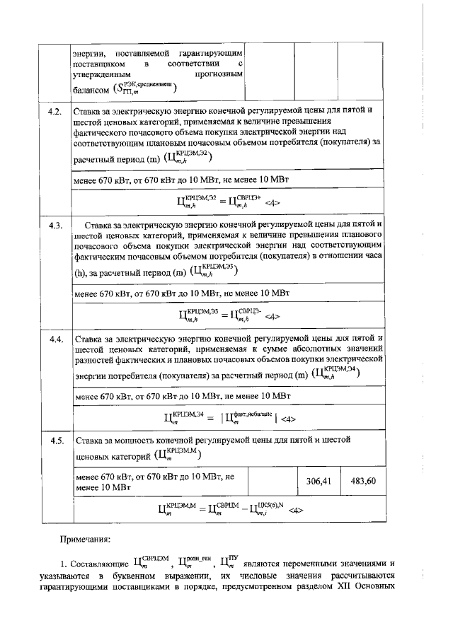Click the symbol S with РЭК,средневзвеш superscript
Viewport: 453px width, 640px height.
coord(147,88)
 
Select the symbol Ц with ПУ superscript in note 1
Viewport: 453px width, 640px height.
coord(227,564)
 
